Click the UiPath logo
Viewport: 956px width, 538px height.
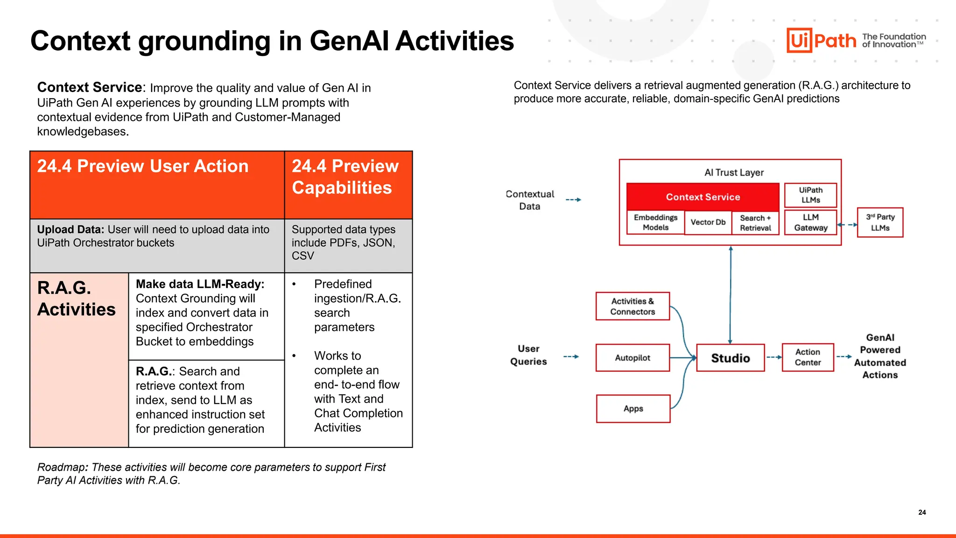[x=822, y=41]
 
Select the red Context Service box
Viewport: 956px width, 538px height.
[x=703, y=197]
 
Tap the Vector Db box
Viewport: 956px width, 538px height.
[x=708, y=222]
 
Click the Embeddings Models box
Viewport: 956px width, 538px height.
[x=655, y=222]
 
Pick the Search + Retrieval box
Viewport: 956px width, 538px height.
[x=755, y=223]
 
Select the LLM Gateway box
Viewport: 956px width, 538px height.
[x=810, y=222]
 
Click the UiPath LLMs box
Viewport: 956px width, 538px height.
[x=810, y=195]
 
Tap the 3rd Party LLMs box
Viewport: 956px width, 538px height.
[x=880, y=222]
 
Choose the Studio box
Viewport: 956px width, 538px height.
[x=730, y=358]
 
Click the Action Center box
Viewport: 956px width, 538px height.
[x=808, y=357]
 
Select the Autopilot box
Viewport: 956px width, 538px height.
[x=633, y=358]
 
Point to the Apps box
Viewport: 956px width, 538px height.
[x=633, y=409]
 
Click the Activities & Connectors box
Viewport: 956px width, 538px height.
[x=633, y=306]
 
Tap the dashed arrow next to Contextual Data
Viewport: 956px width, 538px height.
[x=573, y=200]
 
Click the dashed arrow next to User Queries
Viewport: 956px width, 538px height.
[x=571, y=357]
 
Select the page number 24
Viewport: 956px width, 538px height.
[x=922, y=512]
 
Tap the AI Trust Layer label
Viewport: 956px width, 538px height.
[x=734, y=172]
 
